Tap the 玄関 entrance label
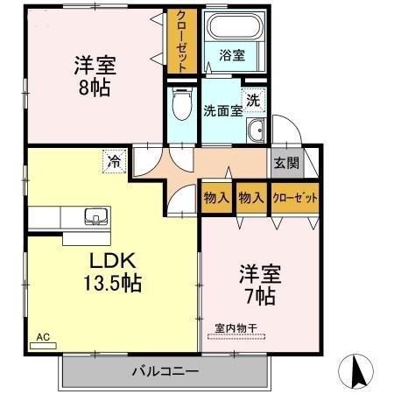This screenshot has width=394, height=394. pos(285,162)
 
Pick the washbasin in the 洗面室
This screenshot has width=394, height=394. pos(257,133)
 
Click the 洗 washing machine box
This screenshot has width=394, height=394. pos(253,100)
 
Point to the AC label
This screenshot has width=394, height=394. pos(43,336)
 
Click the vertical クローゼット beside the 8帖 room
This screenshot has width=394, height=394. pos(180,41)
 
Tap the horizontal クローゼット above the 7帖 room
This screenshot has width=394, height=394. pos(294,198)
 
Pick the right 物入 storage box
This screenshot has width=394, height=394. pos(251,197)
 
